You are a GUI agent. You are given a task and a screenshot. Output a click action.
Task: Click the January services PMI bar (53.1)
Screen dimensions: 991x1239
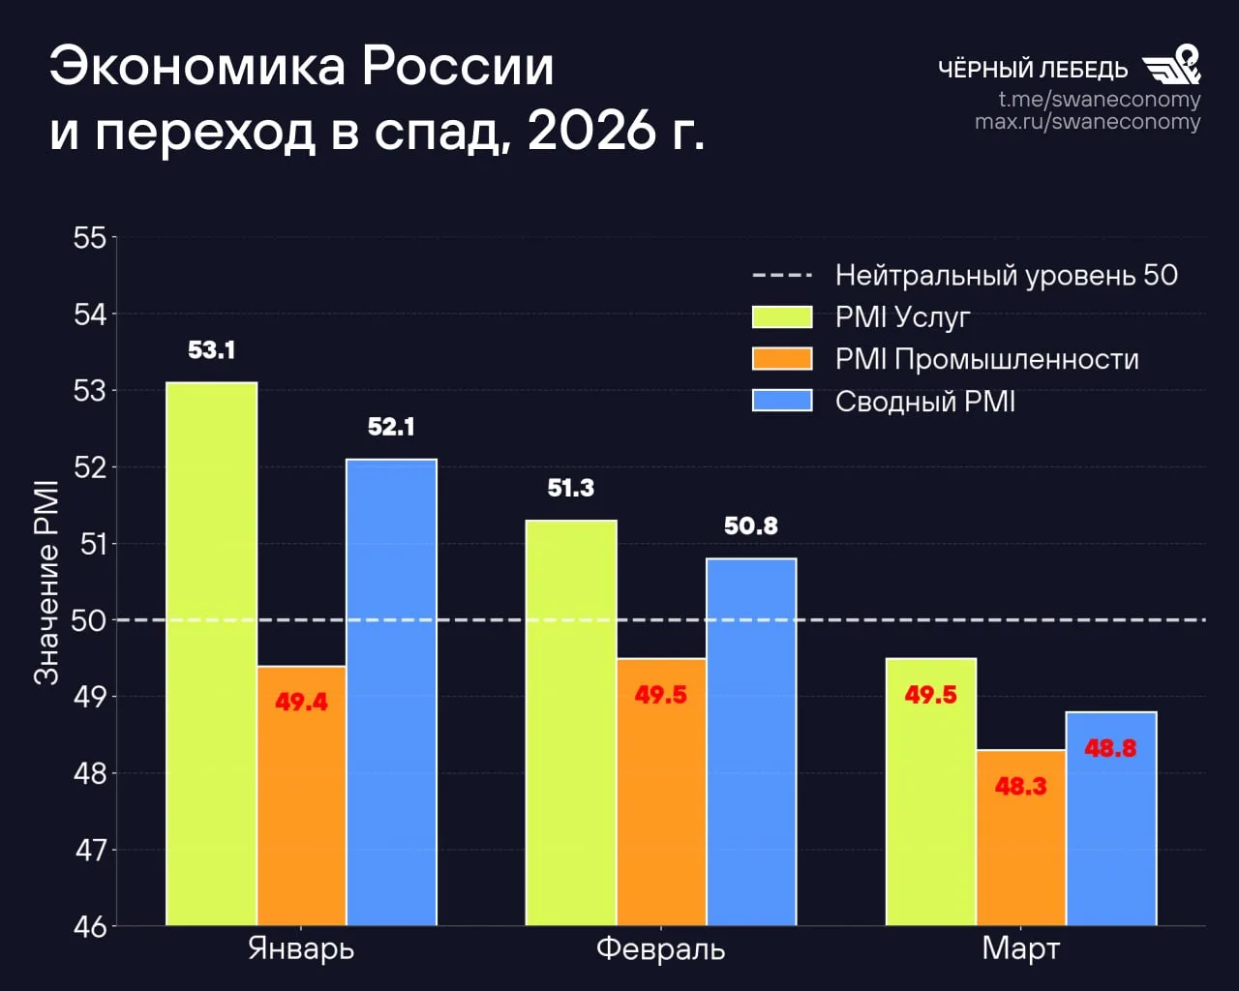[x=211, y=653]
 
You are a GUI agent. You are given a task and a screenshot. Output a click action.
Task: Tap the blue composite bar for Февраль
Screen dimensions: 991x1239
[x=751, y=741]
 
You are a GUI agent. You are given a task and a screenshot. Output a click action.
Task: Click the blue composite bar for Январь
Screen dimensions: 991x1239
[x=391, y=692]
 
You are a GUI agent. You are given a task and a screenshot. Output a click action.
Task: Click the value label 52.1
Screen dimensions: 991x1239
[x=391, y=427]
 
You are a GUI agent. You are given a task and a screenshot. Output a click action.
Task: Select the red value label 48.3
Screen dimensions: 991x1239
[x=1020, y=786]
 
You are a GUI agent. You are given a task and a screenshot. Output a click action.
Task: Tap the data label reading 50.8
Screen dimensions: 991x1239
[x=751, y=526]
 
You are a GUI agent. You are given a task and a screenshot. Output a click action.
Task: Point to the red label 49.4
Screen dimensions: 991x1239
[x=301, y=702]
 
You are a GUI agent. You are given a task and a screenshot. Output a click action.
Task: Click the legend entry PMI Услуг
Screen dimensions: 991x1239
[x=902, y=317]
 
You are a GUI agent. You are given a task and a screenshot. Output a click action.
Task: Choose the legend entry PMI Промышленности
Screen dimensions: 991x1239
[x=986, y=359]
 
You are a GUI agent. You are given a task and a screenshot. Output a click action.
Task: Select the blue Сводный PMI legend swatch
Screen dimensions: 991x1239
[x=782, y=401]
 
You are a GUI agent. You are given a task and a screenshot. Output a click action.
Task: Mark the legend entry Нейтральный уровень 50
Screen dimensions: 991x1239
[x=1006, y=275]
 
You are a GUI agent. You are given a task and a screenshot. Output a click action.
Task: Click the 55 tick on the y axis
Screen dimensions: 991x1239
[x=90, y=238]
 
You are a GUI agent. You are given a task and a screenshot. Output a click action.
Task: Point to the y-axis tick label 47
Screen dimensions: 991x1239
[x=90, y=850]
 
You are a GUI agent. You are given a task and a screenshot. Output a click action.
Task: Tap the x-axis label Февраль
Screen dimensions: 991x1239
[x=660, y=948]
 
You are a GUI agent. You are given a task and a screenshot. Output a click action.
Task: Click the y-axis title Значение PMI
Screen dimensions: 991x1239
[x=46, y=583]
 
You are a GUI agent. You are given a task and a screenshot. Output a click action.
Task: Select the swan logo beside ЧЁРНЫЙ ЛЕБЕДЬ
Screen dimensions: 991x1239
[x=1172, y=65]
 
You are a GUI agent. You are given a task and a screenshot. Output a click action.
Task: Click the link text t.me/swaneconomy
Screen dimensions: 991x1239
[x=1099, y=99]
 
